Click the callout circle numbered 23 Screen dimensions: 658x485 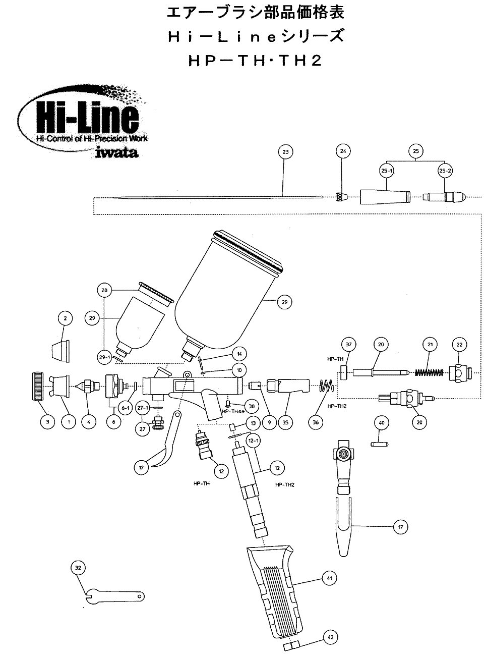pyautogui.click(x=285, y=151)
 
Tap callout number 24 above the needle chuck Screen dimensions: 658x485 pyautogui.click(x=343, y=151)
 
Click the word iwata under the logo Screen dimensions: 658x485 pyautogui.click(x=116, y=151)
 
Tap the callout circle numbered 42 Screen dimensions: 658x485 pyautogui.click(x=330, y=638)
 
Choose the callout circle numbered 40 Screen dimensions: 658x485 pyautogui.click(x=381, y=422)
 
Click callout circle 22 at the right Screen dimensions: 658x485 pyautogui.click(x=459, y=344)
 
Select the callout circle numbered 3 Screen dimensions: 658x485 pyautogui.click(x=47, y=422)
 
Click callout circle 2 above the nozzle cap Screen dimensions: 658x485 pyautogui.click(x=65, y=318)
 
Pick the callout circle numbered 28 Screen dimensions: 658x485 pyautogui.click(x=104, y=291)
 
